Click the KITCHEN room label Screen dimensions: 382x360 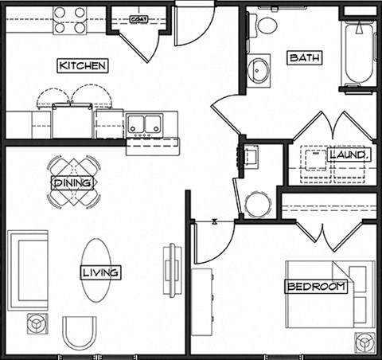tap(83, 65)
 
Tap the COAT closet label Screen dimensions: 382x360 tap(139, 19)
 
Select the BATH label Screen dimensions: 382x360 tap(305, 57)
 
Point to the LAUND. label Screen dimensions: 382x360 tap(349, 155)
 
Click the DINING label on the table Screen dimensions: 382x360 tap(72, 183)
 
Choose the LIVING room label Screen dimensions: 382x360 tap(100, 272)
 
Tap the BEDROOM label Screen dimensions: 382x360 tap(316, 287)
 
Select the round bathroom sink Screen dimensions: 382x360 tap(259, 71)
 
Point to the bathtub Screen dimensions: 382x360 tap(359, 53)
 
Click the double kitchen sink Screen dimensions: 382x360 tap(144, 124)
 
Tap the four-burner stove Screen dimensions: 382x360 tap(70, 20)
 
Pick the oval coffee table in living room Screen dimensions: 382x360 tap(96, 270)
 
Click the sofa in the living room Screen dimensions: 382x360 tap(28, 270)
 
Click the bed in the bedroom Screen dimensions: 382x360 tap(330, 294)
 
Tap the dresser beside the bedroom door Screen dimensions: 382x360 tap(202, 302)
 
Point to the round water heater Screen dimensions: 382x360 tap(258, 204)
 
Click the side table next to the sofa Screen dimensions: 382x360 tap(37, 323)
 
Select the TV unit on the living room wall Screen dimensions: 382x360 tap(173, 270)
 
